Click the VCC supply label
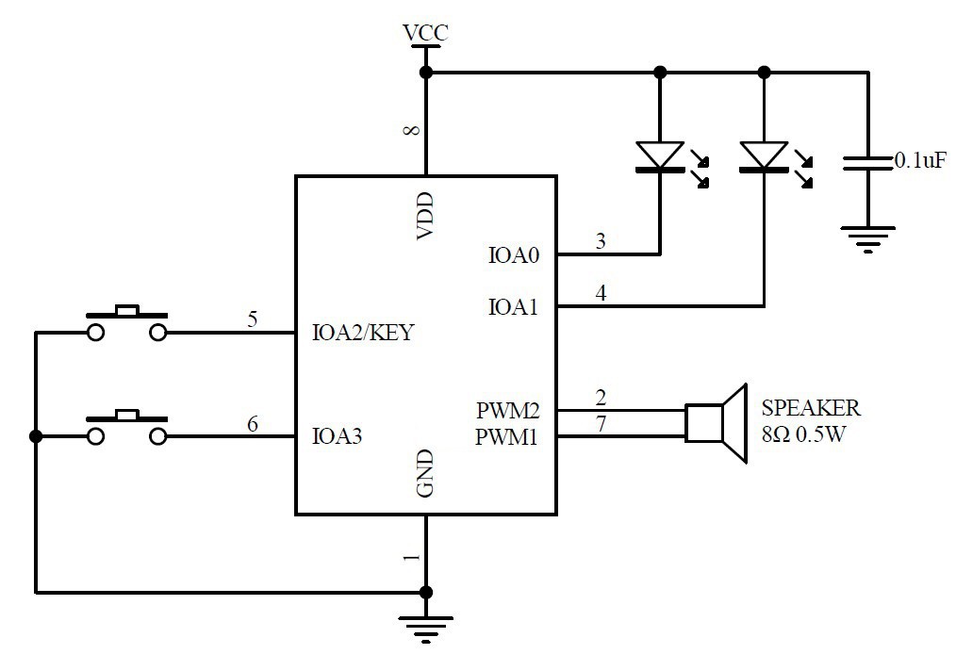[x=425, y=34]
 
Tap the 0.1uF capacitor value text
[x=919, y=162]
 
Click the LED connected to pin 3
[x=659, y=156]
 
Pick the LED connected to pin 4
[x=764, y=156]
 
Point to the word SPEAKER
[x=810, y=408]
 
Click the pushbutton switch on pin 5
[x=126, y=323]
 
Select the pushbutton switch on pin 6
[x=126, y=428]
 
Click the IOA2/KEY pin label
[x=362, y=333]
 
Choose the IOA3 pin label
[x=338, y=437]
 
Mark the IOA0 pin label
[x=514, y=254]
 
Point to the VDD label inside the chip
[x=425, y=216]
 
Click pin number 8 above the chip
[x=411, y=131]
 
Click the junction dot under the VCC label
[x=425, y=73]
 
